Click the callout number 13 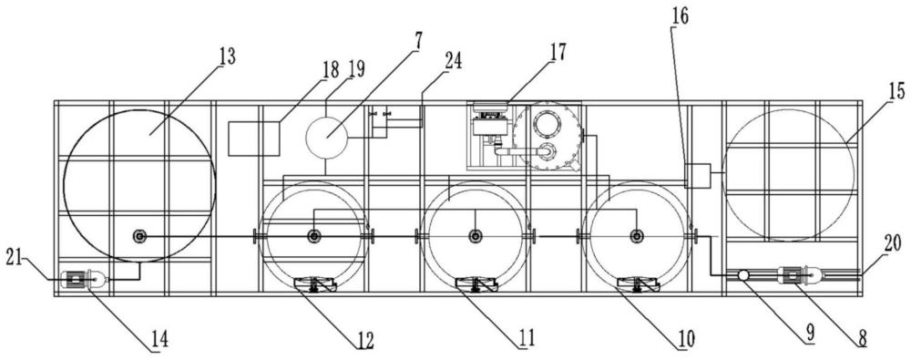point(227,57)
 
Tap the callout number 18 point(331,69)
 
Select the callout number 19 point(356,69)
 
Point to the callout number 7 point(418,42)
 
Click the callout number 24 point(454,60)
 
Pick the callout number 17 point(556,51)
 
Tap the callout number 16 point(681,15)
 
